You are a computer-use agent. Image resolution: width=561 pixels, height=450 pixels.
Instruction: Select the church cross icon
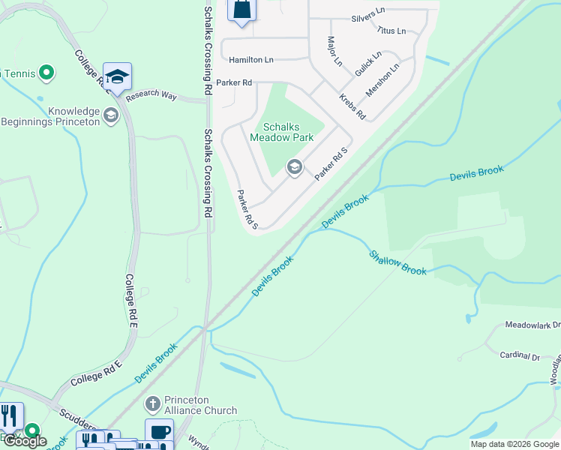coord(152,405)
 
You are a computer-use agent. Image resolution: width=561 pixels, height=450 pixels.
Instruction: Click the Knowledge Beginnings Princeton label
coord(51,115)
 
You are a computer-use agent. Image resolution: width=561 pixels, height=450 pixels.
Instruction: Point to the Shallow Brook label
coord(397,261)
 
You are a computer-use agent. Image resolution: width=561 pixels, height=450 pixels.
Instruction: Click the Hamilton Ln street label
coord(251,59)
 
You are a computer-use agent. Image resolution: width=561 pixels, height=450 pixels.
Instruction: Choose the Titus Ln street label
coord(391,31)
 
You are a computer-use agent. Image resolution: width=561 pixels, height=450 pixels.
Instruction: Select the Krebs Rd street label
coord(352,107)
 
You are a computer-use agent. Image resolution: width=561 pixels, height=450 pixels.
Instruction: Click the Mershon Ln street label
coord(382,79)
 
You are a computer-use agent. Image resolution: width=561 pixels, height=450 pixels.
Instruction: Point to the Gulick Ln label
coord(368,64)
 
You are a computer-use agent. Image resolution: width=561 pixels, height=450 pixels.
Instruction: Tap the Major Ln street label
coord(334,51)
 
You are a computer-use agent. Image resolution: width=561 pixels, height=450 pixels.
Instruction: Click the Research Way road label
coord(151,96)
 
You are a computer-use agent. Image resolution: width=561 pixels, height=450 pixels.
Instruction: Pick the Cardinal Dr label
coord(521,357)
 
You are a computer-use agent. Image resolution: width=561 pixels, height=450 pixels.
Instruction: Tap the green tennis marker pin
coord(46,73)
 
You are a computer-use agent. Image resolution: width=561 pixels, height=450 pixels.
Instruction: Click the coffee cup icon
coord(159,433)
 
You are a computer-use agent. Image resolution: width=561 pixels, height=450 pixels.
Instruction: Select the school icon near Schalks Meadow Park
coord(295,166)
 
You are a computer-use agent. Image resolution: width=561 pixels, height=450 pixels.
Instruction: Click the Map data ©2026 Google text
coord(514,444)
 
